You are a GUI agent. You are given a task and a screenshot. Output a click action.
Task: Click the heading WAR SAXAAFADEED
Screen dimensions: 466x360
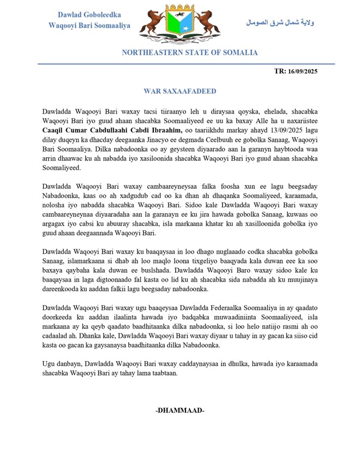(x=179, y=91)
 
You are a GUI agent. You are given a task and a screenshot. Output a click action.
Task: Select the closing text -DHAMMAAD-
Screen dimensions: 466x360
(x=179, y=410)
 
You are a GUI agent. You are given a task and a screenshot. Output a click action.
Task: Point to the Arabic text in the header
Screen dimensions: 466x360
(x=280, y=23)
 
